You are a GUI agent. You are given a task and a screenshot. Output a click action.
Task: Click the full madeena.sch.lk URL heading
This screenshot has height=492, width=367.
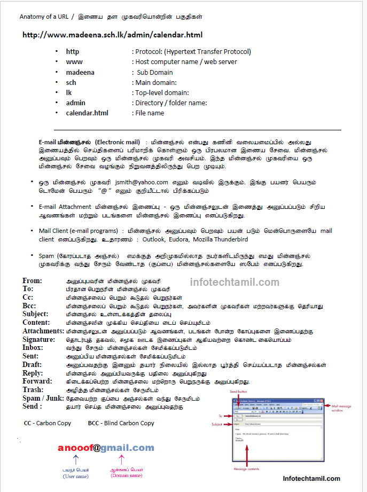pyautogui.click(x=112, y=35)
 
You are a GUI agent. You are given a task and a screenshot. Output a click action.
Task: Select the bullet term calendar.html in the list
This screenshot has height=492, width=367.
pyautogui.click(x=87, y=113)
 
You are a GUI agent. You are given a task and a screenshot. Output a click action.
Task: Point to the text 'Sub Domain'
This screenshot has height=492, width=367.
pyautogui.click(x=154, y=73)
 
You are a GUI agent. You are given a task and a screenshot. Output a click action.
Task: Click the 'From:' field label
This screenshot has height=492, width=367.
pyautogui.click(x=32, y=281)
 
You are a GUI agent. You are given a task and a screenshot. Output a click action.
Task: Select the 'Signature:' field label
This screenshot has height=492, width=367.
pyautogui.click(x=39, y=340)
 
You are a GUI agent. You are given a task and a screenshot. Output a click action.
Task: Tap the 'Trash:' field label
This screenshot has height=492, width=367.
pyautogui.click(x=33, y=390)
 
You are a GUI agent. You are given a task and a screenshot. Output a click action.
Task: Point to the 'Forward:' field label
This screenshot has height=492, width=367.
pyautogui.click(x=37, y=381)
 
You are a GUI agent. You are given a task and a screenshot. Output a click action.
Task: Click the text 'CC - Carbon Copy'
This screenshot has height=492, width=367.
pyautogui.click(x=48, y=423)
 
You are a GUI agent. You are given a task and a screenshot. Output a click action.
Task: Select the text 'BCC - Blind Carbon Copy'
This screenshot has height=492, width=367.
pyautogui.click(x=121, y=423)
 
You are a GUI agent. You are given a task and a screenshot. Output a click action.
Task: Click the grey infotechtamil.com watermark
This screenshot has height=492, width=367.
pyautogui.click(x=235, y=283)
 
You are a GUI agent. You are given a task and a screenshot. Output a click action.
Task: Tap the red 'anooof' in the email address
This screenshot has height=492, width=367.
pyautogui.click(x=75, y=448)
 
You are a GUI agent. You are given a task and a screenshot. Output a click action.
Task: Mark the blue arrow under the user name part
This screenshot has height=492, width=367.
pyautogui.click(x=75, y=460)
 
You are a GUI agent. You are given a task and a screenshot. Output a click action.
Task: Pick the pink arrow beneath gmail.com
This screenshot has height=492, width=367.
pyautogui.click(x=121, y=460)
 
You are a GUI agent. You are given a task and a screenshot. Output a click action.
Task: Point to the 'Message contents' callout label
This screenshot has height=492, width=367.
pyautogui.click(x=247, y=468)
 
